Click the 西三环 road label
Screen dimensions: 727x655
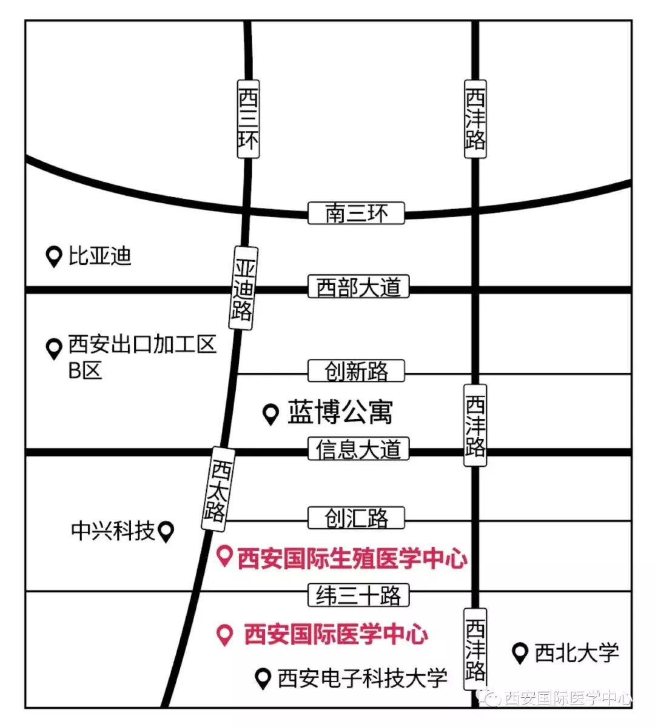pos(248,119)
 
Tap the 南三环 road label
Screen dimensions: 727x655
pos(356,213)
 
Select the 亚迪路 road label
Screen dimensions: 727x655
pos(244,289)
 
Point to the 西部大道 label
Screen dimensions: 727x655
pos(358,287)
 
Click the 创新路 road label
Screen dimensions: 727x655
pos(356,371)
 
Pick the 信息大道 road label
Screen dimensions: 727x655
pos(358,450)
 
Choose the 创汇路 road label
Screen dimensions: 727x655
pos(356,518)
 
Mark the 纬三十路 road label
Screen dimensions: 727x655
pos(358,595)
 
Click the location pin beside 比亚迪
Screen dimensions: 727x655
pos(55,256)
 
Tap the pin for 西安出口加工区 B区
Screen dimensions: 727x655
pos(55,349)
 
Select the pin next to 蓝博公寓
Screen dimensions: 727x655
pos(270,414)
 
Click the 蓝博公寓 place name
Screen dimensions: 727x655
pos(340,413)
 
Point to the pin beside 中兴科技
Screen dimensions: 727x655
pos(166,532)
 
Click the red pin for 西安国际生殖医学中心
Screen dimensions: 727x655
pos(225,556)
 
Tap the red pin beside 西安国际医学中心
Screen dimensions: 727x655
pos(225,634)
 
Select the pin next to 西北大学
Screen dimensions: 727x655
pos(520,653)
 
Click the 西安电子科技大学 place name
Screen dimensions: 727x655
pos(362,678)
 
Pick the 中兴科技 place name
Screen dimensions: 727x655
pos(113,531)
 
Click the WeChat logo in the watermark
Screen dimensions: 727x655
pos(492,697)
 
